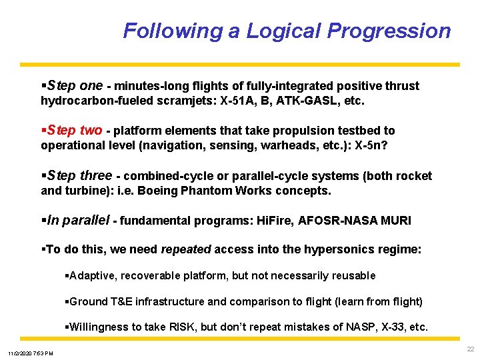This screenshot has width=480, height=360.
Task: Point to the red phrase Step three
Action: click(78, 175)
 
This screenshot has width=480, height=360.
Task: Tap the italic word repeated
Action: click(185, 249)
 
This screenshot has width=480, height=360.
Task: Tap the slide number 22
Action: click(471, 349)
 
